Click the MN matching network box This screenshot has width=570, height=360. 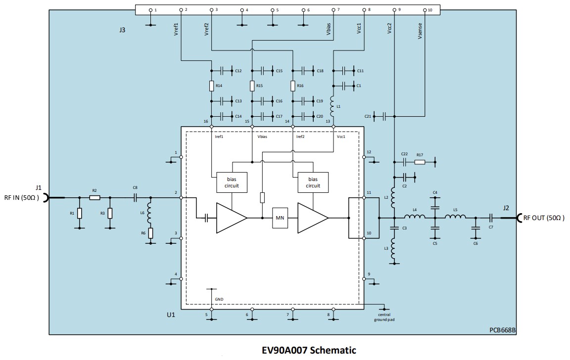pos(280,218)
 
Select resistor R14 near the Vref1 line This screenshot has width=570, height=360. pos(211,86)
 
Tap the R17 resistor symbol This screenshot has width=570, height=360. pos(420,162)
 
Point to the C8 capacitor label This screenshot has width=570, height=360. pos(135,187)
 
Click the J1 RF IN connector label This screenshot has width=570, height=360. pos(39,188)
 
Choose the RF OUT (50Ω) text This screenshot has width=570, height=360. pos(543,218)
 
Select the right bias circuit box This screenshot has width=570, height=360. pos(313,182)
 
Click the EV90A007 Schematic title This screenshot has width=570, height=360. pos(309,351)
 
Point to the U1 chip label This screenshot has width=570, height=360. pos(171,314)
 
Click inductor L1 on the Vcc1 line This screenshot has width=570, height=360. pos(333,104)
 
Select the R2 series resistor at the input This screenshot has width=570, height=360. pos(95,198)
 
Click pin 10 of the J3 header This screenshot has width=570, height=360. pos(425,10)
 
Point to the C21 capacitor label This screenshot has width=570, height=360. pos(368,116)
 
